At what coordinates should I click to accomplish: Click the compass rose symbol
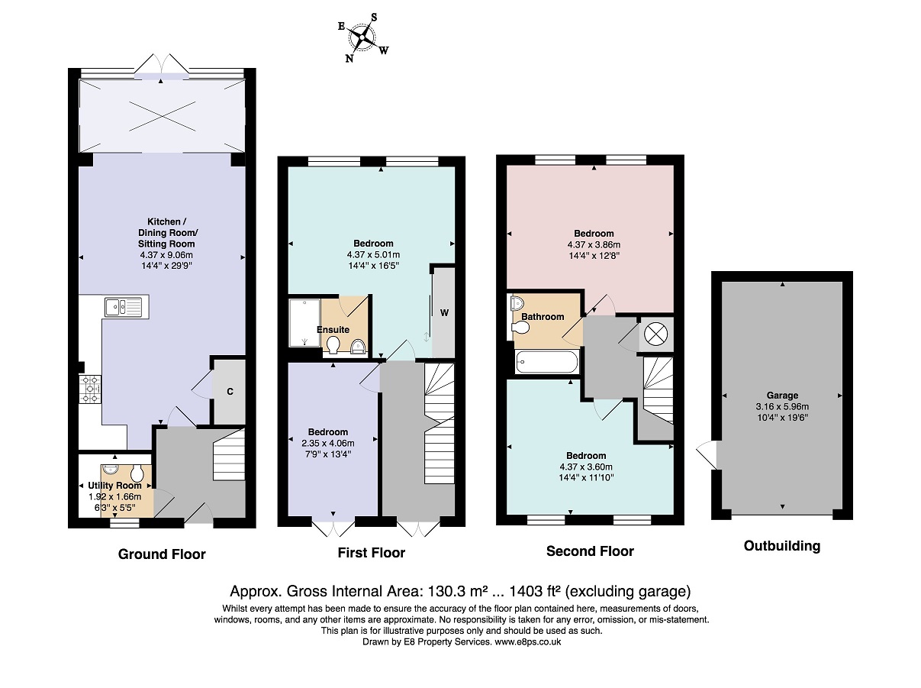pos(362,37)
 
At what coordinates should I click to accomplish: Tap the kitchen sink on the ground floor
pos(127,307)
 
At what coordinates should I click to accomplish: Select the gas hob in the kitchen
pos(90,389)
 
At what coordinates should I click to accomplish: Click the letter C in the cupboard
pos(230,392)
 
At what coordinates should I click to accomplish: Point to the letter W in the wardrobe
pos(444,312)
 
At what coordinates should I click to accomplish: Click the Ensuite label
pos(333,330)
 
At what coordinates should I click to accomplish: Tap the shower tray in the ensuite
pos(304,323)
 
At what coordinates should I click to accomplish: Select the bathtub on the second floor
pos(547,361)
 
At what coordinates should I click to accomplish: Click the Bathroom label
pos(543,316)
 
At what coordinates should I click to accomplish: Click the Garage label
pos(782,395)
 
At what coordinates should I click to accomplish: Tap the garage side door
pos(707,454)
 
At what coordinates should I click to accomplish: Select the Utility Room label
pos(114,485)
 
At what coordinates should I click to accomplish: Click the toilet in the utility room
pos(137,473)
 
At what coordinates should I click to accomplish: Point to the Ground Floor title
pos(162,554)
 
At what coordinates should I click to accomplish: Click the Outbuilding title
pos(782,546)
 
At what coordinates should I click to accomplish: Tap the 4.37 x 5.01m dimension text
pos(373,254)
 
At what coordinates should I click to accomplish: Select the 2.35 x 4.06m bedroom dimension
pos(327,443)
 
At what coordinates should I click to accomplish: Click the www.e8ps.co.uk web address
pos(528,642)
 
